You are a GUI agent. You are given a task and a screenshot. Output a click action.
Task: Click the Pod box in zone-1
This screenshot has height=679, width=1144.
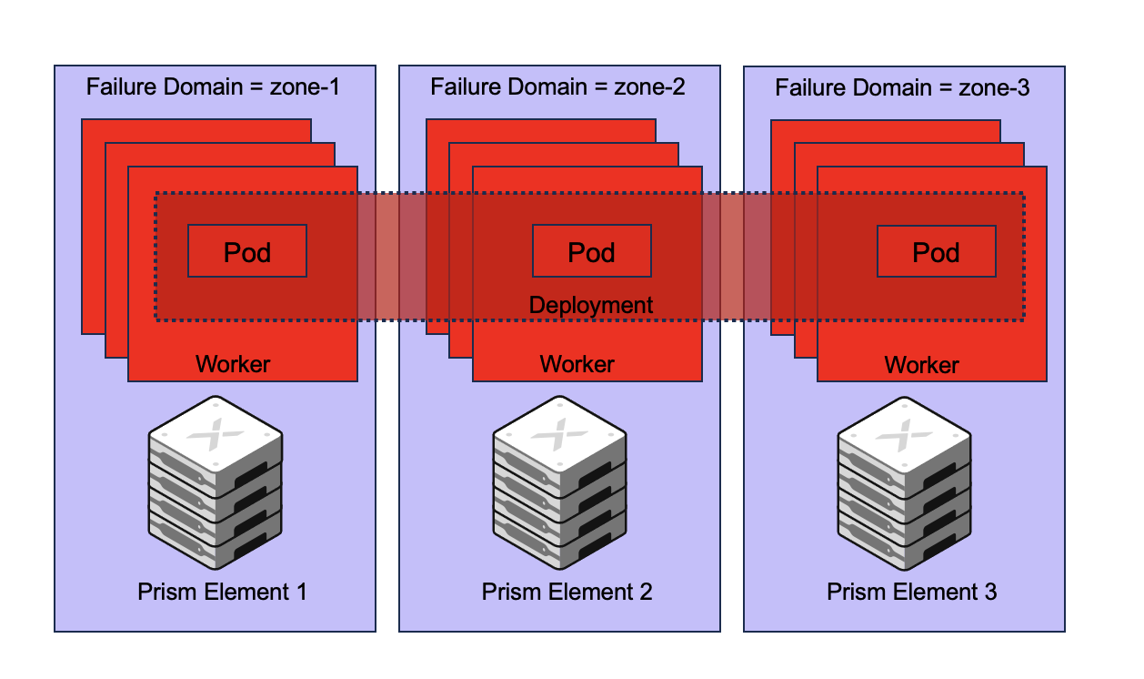point(247,251)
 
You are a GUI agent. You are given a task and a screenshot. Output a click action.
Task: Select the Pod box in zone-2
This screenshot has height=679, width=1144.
point(591,251)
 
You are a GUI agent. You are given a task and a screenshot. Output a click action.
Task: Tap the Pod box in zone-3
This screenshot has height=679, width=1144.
point(936,251)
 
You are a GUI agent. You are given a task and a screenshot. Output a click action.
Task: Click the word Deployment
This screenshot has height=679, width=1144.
point(591,305)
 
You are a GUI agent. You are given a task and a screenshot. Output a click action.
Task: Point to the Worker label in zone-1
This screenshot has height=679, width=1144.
point(233,365)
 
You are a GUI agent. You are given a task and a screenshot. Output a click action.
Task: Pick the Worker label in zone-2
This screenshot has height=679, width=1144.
point(577,365)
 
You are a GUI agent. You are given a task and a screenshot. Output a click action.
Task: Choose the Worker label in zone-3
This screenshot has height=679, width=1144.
point(922,366)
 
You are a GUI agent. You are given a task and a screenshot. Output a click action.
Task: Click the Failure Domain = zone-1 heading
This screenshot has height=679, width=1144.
point(213,87)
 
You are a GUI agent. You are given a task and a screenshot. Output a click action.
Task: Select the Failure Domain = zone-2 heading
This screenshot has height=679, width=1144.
point(557,87)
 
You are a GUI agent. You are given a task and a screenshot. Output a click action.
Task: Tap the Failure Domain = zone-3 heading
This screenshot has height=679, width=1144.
point(902,87)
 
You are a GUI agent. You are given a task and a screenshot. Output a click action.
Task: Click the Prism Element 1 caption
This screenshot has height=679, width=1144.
point(222,593)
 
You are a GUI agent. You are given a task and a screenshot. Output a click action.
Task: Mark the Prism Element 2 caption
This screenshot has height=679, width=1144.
point(567,593)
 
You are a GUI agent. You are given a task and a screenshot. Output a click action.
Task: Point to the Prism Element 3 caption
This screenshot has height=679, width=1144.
point(911,593)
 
